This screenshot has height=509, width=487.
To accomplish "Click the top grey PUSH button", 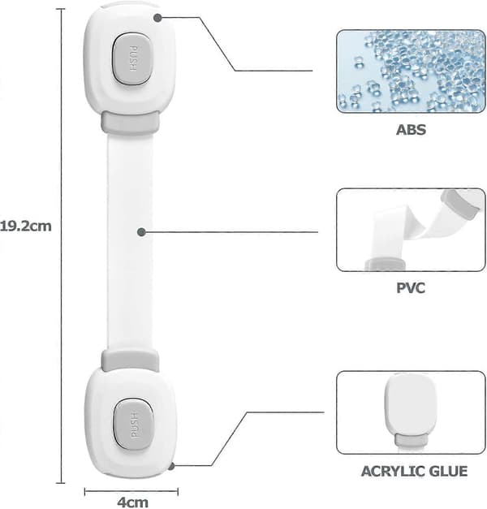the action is (132, 58).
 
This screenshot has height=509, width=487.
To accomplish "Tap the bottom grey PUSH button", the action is (133, 425).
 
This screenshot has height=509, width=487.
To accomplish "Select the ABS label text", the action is (411, 130).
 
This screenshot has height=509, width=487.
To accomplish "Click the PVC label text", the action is (411, 288).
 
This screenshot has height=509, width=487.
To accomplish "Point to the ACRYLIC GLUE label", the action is (414, 472).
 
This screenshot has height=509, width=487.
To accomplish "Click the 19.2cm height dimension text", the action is (25, 226).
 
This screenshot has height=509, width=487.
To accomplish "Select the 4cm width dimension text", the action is (133, 503).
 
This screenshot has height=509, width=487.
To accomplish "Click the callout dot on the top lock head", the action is (157, 18).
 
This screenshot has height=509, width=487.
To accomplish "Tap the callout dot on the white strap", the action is (141, 232).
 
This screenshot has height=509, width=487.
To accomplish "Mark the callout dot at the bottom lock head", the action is (171, 467).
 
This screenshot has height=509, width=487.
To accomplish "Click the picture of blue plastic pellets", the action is (411, 71).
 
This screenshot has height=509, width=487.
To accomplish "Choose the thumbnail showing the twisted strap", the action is (411, 230).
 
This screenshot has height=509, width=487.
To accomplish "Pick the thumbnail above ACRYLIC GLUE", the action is (411, 412).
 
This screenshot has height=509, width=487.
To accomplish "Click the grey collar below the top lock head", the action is (131, 123).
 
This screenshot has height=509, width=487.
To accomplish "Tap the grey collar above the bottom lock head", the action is (130, 360).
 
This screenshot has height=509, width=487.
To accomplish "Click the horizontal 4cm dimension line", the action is (131, 491).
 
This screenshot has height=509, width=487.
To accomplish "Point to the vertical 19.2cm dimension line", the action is (61, 246).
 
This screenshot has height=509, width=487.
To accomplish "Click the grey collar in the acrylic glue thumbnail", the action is (411, 440).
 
